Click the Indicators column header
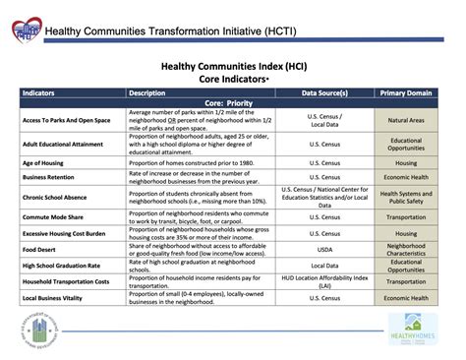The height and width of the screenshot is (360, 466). (x=38, y=93)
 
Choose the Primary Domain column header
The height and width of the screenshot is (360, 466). (x=406, y=93)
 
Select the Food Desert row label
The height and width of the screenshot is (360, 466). (x=42, y=248)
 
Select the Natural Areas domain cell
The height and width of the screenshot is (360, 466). (x=406, y=120)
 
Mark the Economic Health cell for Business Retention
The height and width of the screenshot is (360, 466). (x=406, y=177)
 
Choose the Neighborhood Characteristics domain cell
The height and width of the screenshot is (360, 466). (x=406, y=248)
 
